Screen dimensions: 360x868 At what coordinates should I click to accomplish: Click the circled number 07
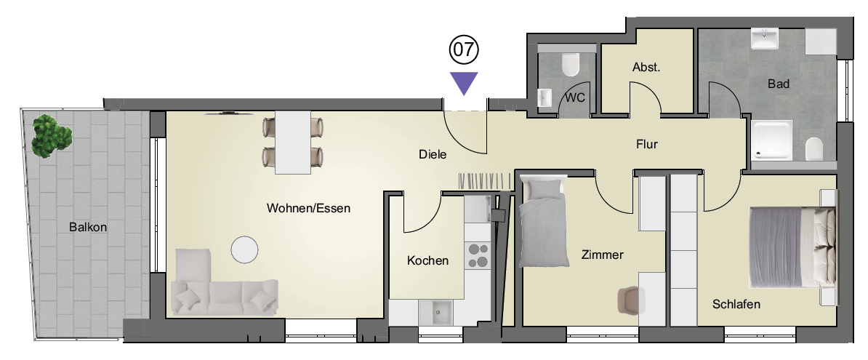click(464, 50)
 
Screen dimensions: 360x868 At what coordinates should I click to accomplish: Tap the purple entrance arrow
click(464, 82)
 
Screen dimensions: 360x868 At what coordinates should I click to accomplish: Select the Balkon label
click(88, 227)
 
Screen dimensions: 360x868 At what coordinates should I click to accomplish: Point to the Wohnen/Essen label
click(308, 208)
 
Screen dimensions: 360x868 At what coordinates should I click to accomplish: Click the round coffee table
click(244, 250)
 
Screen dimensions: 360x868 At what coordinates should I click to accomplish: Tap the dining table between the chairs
click(292, 143)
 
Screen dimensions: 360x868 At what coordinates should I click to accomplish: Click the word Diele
click(433, 154)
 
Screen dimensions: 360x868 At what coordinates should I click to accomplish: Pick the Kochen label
click(427, 260)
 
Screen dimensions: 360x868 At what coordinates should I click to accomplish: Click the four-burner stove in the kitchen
click(478, 256)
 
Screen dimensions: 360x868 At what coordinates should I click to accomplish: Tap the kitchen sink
click(439, 313)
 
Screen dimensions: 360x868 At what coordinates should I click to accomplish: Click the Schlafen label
click(736, 304)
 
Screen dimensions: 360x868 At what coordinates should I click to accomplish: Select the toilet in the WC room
click(570, 65)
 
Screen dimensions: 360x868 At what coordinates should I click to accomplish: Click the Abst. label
click(646, 68)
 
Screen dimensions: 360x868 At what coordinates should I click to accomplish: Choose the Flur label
click(646, 144)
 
